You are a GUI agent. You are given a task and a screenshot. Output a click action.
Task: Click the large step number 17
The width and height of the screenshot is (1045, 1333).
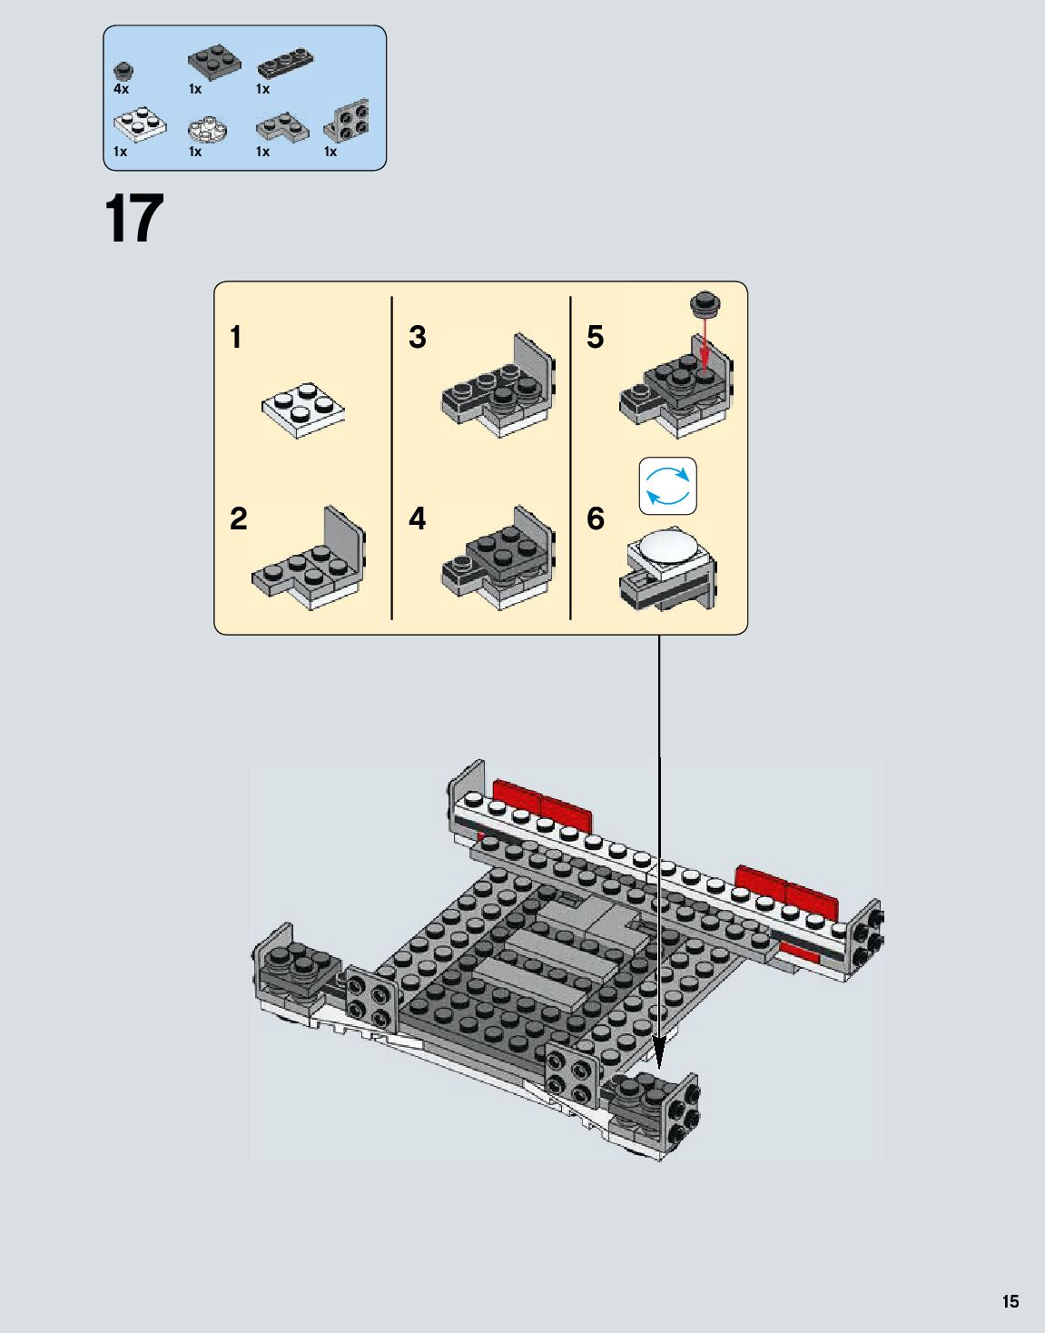pos(134,218)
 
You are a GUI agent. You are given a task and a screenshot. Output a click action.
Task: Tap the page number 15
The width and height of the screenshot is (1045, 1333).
pos(1010,1300)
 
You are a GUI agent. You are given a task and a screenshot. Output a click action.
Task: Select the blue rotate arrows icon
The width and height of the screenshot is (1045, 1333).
pos(668,486)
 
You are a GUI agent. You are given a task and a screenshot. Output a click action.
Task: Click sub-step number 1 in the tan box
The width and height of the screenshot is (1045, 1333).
pos(236,338)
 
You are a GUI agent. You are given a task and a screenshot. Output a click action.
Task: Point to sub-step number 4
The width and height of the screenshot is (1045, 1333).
pos(417,518)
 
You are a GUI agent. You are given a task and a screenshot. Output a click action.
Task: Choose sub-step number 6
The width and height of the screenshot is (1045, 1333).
pos(596,518)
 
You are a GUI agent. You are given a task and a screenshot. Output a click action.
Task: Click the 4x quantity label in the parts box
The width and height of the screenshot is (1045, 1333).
pos(122,89)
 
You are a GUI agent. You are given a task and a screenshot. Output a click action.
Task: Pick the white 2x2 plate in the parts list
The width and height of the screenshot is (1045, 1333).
pos(140,124)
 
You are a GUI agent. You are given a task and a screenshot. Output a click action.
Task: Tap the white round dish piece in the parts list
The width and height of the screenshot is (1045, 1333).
pos(208,129)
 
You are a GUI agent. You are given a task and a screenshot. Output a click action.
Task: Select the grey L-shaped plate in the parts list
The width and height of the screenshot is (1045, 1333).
pos(282,127)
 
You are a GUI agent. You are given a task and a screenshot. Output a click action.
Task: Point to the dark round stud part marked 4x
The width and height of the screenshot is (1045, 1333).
pos(123,71)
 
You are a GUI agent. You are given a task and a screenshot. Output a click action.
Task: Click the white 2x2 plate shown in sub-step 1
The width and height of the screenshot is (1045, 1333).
pos(303,410)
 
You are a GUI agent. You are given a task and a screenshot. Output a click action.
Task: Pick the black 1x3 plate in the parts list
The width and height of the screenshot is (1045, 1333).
pos(285,63)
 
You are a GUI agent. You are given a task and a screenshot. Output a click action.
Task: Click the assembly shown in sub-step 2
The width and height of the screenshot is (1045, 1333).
pos(309,558)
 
